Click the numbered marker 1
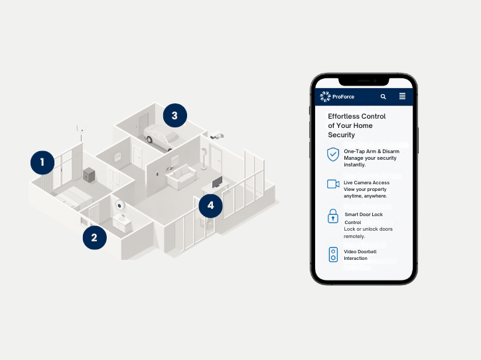click(42, 162)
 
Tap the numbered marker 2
click(94, 237)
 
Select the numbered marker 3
click(175, 115)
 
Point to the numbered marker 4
click(210, 206)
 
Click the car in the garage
click(161, 137)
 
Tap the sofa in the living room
click(181, 176)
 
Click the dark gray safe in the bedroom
click(89, 175)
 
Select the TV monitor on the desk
click(218, 182)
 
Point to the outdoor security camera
click(217, 135)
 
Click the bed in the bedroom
click(73, 198)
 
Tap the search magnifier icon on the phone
click(383, 97)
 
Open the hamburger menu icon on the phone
click(402, 96)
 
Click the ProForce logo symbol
click(325, 97)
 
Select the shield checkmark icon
click(333, 154)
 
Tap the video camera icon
click(333, 184)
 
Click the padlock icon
click(333, 216)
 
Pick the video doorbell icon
click(333, 255)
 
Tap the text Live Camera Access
click(367, 182)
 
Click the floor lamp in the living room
click(204, 158)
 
